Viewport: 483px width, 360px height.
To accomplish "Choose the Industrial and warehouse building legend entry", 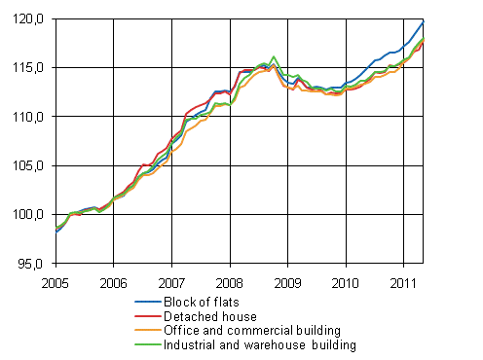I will (x=260, y=344).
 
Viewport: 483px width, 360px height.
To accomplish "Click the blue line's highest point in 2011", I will (x=423, y=21).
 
